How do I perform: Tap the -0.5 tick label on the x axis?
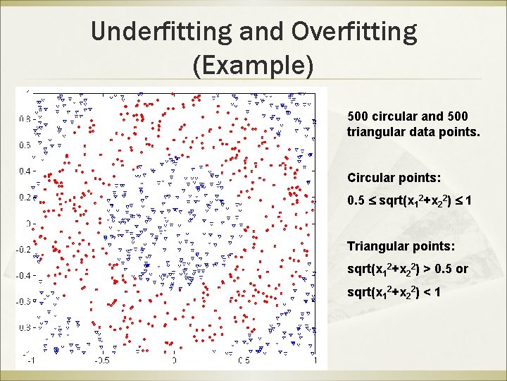[x=101, y=361]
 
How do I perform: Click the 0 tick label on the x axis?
[x=174, y=361]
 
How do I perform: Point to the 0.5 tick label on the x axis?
[x=244, y=361]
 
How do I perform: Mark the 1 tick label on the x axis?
[x=315, y=361]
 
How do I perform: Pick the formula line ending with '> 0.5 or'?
[x=408, y=269]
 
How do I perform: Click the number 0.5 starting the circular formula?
[x=356, y=201]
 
